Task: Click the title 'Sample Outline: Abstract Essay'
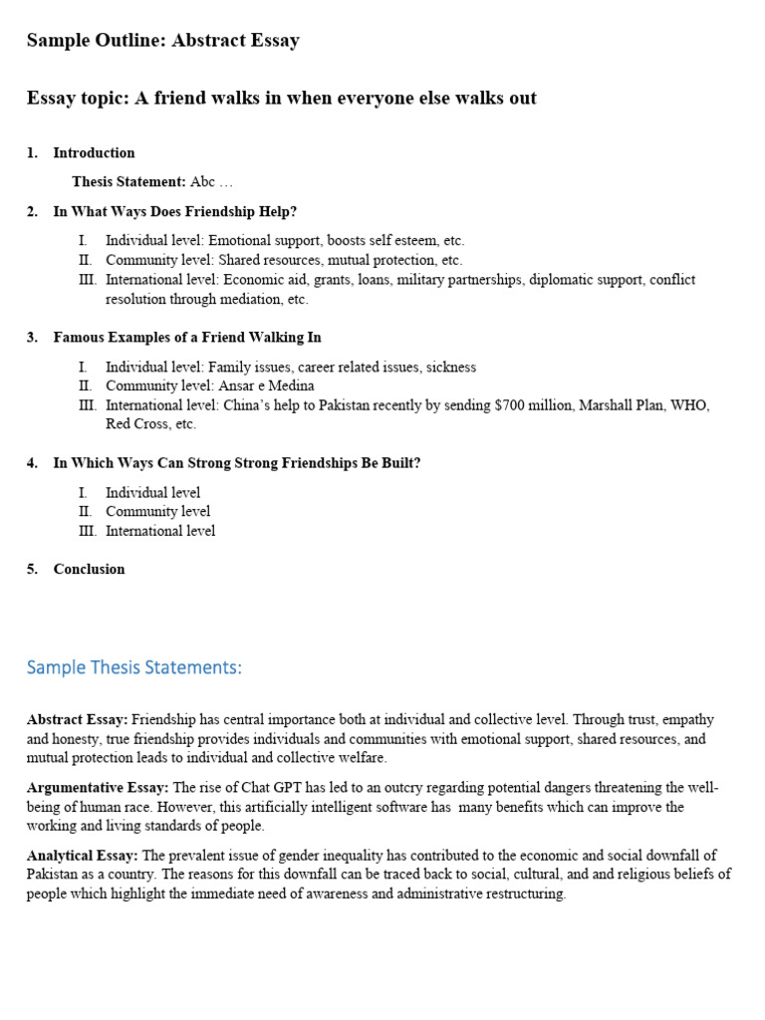[x=162, y=41]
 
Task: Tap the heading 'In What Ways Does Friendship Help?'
[x=174, y=211]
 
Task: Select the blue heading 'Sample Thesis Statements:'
[x=133, y=667]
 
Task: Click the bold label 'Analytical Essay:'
[x=83, y=856]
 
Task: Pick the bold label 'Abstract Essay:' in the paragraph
[x=77, y=719]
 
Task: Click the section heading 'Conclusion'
[x=89, y=569]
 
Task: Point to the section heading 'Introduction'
[x=94, y=152]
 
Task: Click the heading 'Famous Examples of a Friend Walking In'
[x=186, y=338]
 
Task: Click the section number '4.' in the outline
[x=32, y=463]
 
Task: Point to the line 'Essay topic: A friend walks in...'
[x=281, y=98]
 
